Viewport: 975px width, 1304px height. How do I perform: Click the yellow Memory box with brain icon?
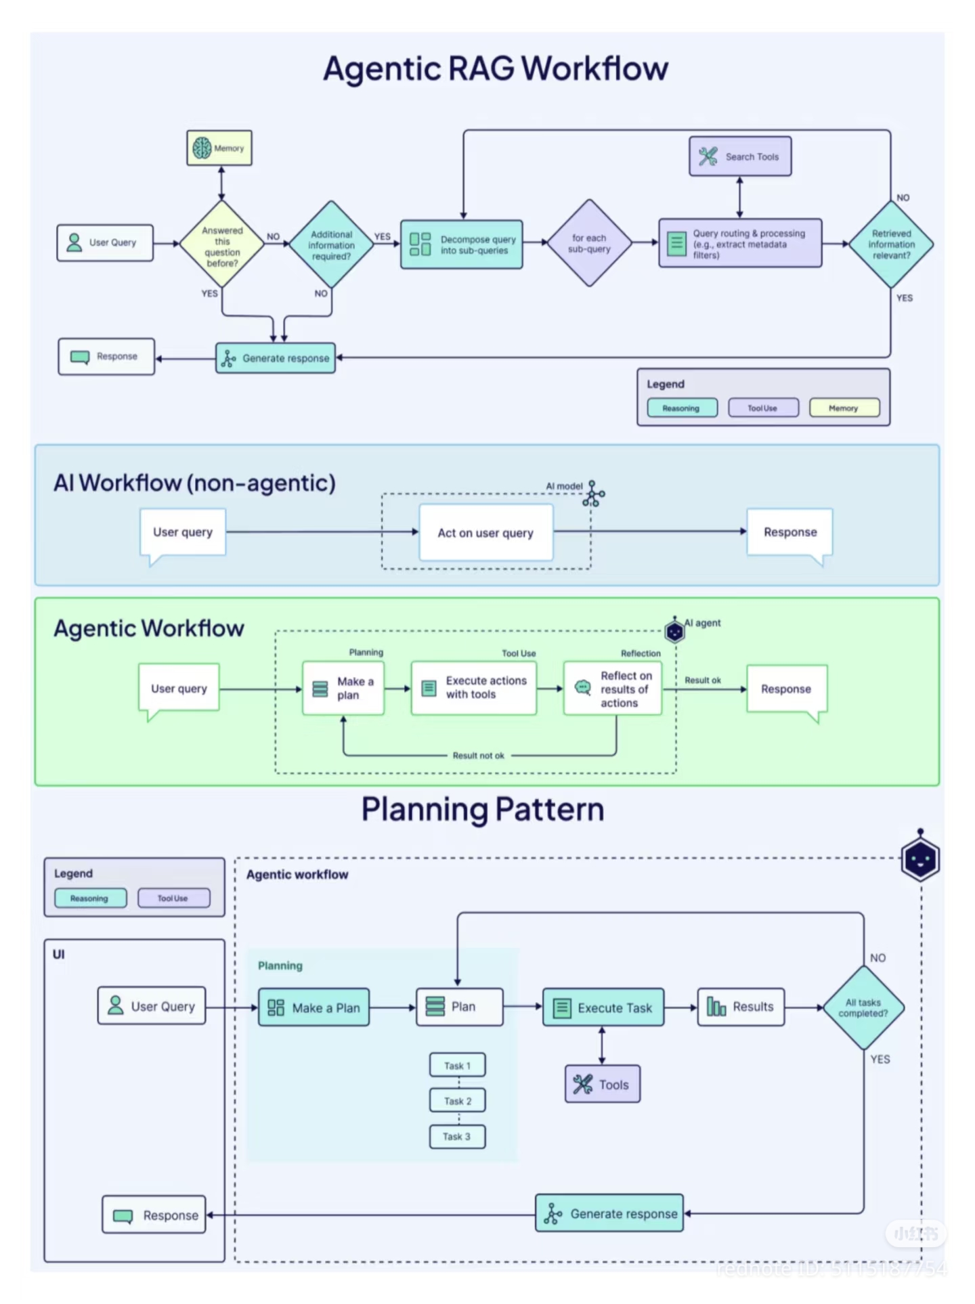(219, 148)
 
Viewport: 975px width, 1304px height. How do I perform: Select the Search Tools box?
(739, 156)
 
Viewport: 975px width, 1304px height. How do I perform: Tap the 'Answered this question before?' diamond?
(222, 244)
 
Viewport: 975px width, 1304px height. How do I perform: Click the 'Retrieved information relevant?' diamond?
(890, 244)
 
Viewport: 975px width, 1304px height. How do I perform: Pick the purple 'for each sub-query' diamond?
(589, 243)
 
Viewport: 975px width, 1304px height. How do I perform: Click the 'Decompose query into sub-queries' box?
(461, 244)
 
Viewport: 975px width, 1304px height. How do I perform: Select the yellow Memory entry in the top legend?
(844, 408)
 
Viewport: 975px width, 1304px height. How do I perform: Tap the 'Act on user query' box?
(485, 533)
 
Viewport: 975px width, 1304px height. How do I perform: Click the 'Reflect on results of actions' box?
(612, 689)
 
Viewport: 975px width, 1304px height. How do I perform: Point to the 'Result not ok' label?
(478, 755)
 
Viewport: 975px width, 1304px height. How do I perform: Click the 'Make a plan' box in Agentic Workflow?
(343, 689)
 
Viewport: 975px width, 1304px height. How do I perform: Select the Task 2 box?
(457, 1101)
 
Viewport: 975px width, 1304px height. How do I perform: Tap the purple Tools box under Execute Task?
(602, 1084)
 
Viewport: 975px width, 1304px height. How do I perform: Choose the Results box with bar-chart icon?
(740, 1007)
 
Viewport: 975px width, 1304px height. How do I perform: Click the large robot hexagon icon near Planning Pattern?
(919, 859)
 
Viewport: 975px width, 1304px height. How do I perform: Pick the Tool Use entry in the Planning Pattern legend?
(173, 898)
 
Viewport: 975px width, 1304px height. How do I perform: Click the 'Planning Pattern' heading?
(482, 809)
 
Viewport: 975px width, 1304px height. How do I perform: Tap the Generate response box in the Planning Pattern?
(609, 1213)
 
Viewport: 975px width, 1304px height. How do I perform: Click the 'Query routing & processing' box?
(740, 244)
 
